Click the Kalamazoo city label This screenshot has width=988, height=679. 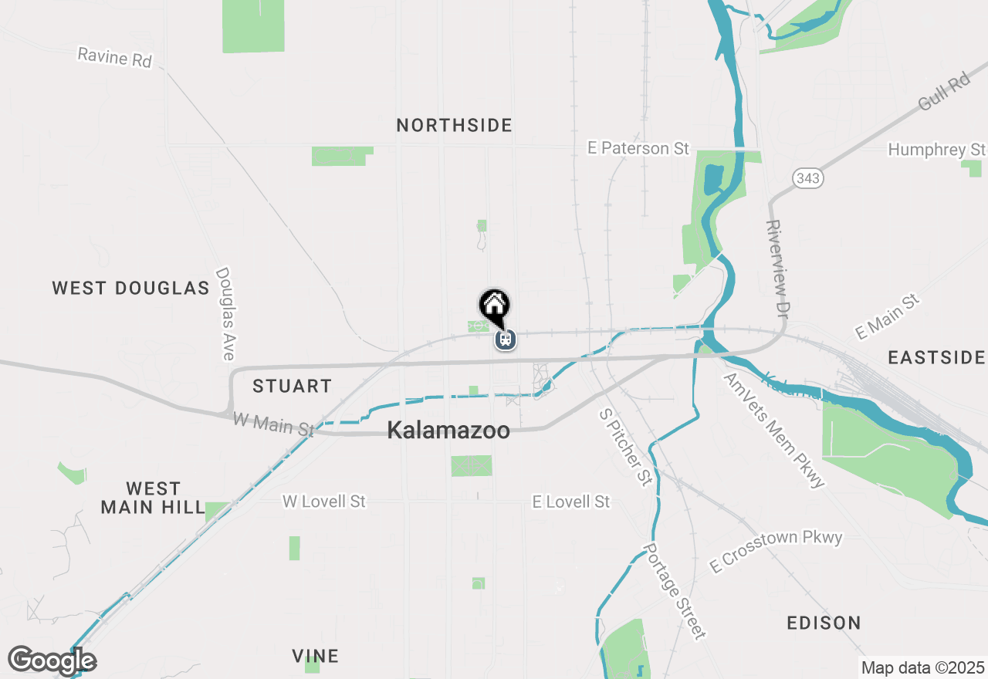pyautogui.click(x=448, y=431)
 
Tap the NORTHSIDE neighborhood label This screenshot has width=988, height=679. pyautogui.click(x=454, y=125)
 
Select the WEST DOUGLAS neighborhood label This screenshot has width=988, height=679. pyautogui.click(x=130, y=288)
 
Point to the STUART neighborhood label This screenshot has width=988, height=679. pyautogui.click(x=292, y=386)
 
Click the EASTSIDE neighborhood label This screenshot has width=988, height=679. pyautogui.click(x=936, y=357)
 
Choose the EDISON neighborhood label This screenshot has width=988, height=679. pyautogui.click(x=824, y=623)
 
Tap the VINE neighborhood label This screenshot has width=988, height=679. pyautogui.click(x=315, y=656)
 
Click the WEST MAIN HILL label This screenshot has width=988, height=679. pyautogui.click(x=153, y=498)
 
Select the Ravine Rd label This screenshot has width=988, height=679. pyautogui.click(x=115, y=57)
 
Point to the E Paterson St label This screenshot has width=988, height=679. pyautogui.click(x=638, y=148)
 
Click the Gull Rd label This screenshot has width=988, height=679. pyautogui.click(x=943, y=93)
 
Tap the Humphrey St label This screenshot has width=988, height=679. pyautogui.click(x=936, y=149)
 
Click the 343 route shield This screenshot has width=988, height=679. pyautogui.click(x=808, y=179)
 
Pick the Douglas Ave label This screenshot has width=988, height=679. pyautogui.click(x=225, y=313)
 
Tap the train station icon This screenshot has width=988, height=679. pyautogui.click(x=506, y=339)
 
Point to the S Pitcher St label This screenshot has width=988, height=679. pyautogui.click(x=625, y=448)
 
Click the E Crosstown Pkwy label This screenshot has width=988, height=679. pyautogui.click(x=776, y=551)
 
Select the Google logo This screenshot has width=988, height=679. pyautogui.click(x=52, y=660)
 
